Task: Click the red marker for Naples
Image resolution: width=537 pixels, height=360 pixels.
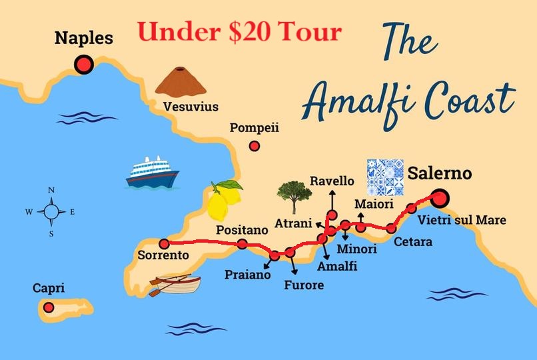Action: [x=84, y=64]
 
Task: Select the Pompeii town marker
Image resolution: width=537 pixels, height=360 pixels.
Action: [x=254, y=147]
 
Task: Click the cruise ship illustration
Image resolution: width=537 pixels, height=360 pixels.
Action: [x=153, y=172]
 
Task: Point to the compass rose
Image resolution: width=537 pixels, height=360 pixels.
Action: [x=51, y=212]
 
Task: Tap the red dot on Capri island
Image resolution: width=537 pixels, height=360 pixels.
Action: [x=49, y=307]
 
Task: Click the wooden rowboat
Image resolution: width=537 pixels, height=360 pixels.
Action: [x=175, y=285]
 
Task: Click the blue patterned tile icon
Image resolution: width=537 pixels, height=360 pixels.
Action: [x=386, y=177]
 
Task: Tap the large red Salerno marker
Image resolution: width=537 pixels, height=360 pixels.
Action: [x=439, y=198]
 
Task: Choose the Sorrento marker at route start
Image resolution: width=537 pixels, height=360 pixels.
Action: [x=164, y=243]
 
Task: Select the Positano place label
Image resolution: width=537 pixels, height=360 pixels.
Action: [x=243, y=229]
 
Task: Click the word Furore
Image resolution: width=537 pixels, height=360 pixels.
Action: [x=303, y=285]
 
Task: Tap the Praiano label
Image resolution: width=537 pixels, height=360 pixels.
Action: [x=247, y=273]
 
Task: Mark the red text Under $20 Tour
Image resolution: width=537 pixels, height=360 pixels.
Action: [x=239, y=31]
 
